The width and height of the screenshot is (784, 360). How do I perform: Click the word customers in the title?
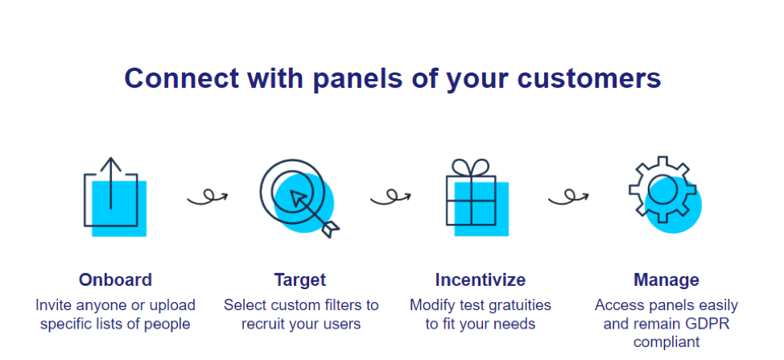[589, 78]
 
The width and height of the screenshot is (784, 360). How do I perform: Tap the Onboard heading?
[115, 279]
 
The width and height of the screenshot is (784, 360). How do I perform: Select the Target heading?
[300, 279]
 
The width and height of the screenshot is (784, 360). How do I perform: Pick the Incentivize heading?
[480, 279]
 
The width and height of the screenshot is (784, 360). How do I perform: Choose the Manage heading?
[666, 279]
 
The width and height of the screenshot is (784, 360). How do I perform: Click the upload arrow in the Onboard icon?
[110, 184]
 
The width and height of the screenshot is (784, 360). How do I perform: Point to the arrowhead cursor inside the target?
[299, 198]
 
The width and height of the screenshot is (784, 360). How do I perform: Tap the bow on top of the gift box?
[471, 168]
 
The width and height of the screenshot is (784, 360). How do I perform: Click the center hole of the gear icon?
[662, 189]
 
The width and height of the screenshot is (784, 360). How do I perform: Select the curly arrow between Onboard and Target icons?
[208, 197]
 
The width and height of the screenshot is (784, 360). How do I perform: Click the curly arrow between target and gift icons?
[390, 197]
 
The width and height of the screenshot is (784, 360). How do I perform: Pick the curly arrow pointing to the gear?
[568, 197]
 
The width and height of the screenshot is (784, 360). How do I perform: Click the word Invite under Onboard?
[52, 304]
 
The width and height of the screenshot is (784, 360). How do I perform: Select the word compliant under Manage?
[666, 343]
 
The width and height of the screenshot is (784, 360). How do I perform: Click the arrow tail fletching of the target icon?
[330, 230]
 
